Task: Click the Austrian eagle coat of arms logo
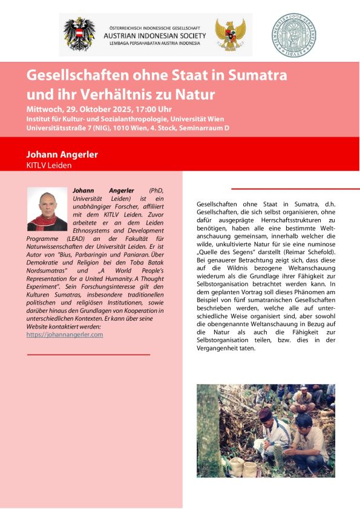80,34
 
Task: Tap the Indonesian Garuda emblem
230,34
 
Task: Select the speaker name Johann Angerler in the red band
62,154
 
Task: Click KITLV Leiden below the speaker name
49,165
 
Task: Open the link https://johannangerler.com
65,334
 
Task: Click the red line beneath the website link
88,354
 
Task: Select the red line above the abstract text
295,189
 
